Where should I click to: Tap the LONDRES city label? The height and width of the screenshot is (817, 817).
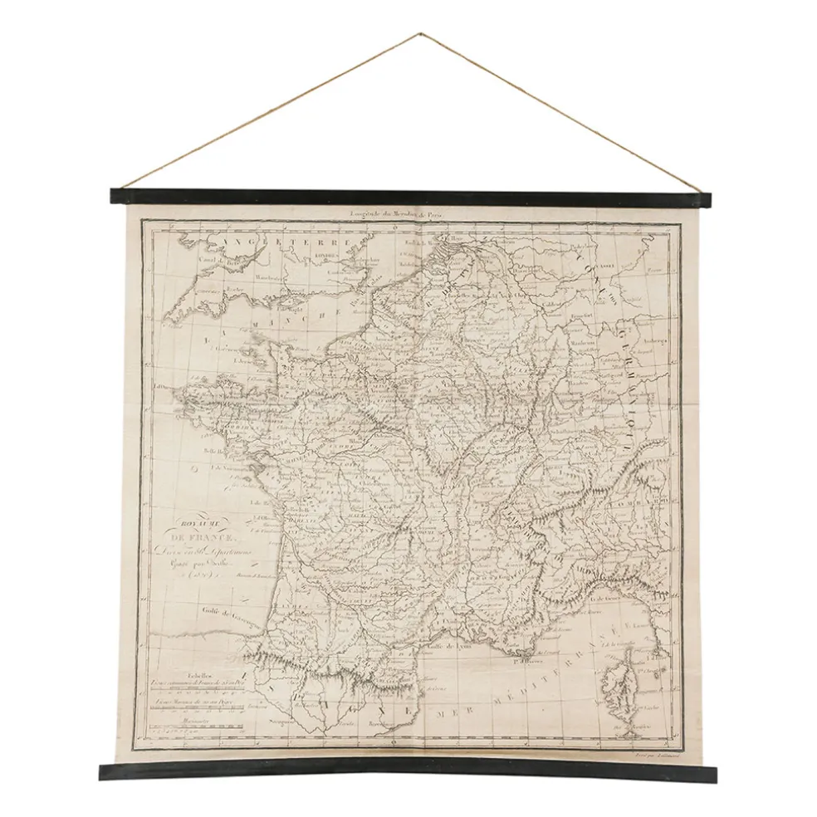pyautogui.click(x=327, y=256)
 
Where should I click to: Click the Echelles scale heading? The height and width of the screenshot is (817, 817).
pyautogui.click(x=199, y=675)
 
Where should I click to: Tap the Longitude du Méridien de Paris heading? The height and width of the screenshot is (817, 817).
pyautogui.click(x=399, y=215)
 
